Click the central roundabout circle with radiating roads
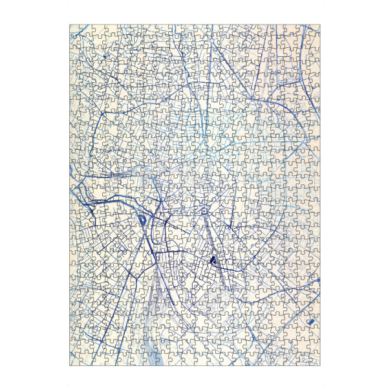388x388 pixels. pyautogui.click(x=204, y=211)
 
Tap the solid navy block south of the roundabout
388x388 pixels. pyautogui.click(x=211, y=260)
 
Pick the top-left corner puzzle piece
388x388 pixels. pyautogui.click(x=74, y=29)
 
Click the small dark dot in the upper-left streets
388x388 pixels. pyautogui.click(x=103, y=58)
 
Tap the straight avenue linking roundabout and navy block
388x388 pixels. pyautogui.click(x=207, y=236)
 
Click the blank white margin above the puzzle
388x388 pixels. pyautogui.click(x=194, y=12)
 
